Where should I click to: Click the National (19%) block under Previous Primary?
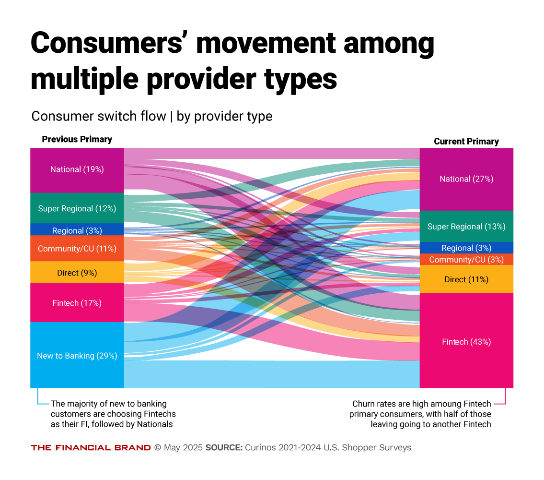[x=77, y=170]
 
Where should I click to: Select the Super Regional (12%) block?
[x=77, y=208]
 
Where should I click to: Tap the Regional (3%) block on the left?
[x=77, y=230]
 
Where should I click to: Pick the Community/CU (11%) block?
[x=77, y=249]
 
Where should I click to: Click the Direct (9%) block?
[x=77, y=273]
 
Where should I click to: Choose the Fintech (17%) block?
[x=77, y=303]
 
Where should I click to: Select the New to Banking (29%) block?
[x=77, y=355]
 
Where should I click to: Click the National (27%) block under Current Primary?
[x=466, y=179]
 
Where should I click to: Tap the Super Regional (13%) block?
[x=466, y=226]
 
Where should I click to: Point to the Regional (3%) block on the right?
[x=466, y=248]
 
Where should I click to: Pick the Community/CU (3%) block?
[x=466, y=260]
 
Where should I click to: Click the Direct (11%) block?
[x=466, y=279]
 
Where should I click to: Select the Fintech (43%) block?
[x=466, y=341]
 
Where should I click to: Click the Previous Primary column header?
[x=77, y=139]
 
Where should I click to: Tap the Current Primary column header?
[x=466, y=142]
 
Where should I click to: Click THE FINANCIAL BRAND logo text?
[x=91, y=447]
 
